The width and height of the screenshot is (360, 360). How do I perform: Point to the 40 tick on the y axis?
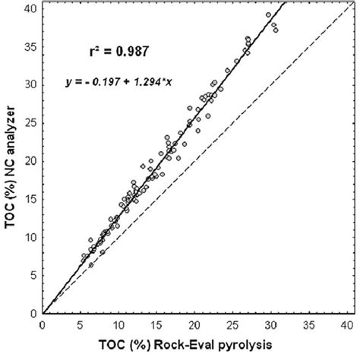31,7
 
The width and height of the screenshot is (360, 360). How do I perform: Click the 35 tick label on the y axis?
31,45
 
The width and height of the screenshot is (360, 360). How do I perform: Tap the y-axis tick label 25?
31,122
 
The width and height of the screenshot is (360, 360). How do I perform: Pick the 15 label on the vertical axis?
31,198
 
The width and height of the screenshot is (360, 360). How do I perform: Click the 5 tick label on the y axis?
33,275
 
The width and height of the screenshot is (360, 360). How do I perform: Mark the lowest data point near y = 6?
90,265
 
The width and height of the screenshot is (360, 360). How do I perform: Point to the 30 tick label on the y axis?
31,84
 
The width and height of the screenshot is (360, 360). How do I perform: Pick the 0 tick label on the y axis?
33,313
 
